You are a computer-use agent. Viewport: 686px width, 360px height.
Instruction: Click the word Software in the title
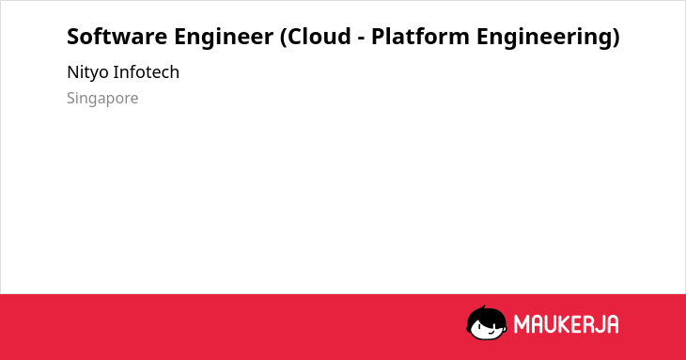tap(117, 37)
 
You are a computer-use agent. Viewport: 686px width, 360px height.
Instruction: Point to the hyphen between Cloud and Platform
tap(361, 39)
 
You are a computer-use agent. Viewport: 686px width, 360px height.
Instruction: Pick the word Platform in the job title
tap(420, 37)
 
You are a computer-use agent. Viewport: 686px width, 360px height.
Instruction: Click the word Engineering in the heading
tap(544, 38)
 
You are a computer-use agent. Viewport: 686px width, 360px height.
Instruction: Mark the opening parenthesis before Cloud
tap(284, 38)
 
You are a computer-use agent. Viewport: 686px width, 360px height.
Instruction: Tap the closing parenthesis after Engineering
tap(616, 38)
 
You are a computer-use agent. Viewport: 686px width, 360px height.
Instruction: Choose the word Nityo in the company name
tap(87, 72)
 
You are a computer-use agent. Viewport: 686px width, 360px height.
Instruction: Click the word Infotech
tap(146, 71)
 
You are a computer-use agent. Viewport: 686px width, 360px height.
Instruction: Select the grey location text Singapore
tap(102, 99)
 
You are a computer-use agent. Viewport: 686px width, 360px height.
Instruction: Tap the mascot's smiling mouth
tap(491, 332)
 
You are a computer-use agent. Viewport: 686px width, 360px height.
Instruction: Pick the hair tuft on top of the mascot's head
tap(483, 307)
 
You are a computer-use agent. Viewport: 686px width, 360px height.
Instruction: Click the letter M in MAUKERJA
tap(522, 324)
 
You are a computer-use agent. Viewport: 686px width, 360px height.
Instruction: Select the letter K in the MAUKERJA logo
tap(564, 324)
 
